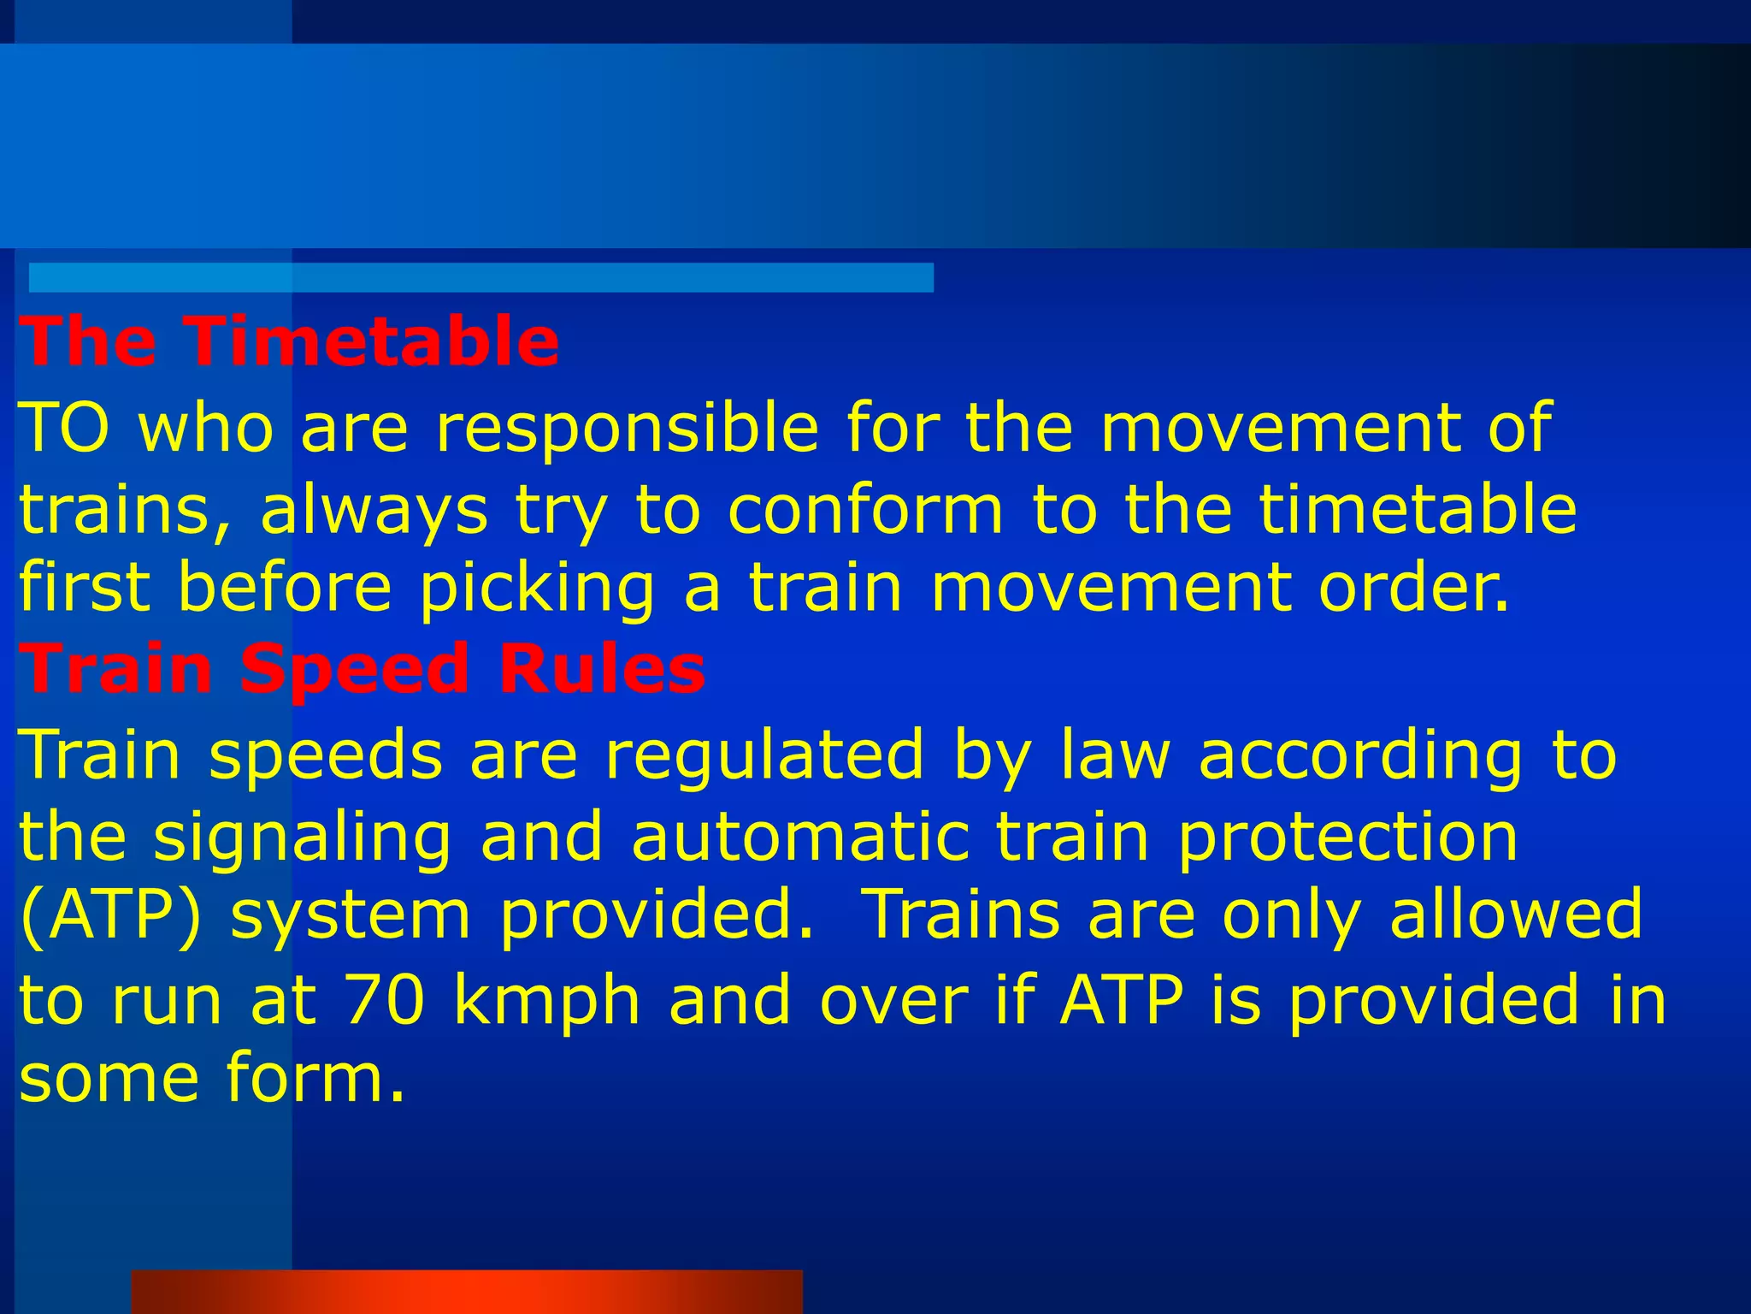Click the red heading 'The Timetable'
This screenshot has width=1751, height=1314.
(x=289, y=341)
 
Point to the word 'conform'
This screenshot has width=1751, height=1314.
(x=865, y=510)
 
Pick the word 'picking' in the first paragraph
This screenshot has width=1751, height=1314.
(x=537, y=589)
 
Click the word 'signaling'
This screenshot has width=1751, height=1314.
(x=303, y=838)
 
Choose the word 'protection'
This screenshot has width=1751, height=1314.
(x=1347, y=838)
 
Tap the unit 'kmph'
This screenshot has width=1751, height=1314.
(x=547, y=1001)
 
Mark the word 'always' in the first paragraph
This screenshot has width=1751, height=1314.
(x=374, y=512)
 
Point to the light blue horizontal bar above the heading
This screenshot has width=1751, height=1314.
(x=480, y=277)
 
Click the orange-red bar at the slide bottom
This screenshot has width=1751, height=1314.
(x=467, y=1291)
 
